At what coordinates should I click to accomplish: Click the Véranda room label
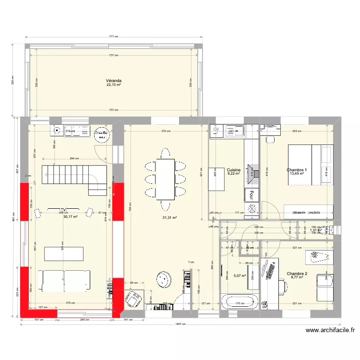pos(114,81)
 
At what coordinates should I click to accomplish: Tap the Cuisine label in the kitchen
pos(234,170)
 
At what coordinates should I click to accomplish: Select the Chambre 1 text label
pos(297,170)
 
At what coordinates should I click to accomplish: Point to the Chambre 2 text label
pos(297,274)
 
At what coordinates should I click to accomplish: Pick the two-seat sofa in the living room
pos(64,280)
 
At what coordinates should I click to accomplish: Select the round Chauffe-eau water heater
pos(101,134)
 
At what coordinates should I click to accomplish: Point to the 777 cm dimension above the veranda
pos(114,36)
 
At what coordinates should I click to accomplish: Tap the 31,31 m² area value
pos(170,217)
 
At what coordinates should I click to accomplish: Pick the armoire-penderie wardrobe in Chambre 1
pos(308,211)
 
